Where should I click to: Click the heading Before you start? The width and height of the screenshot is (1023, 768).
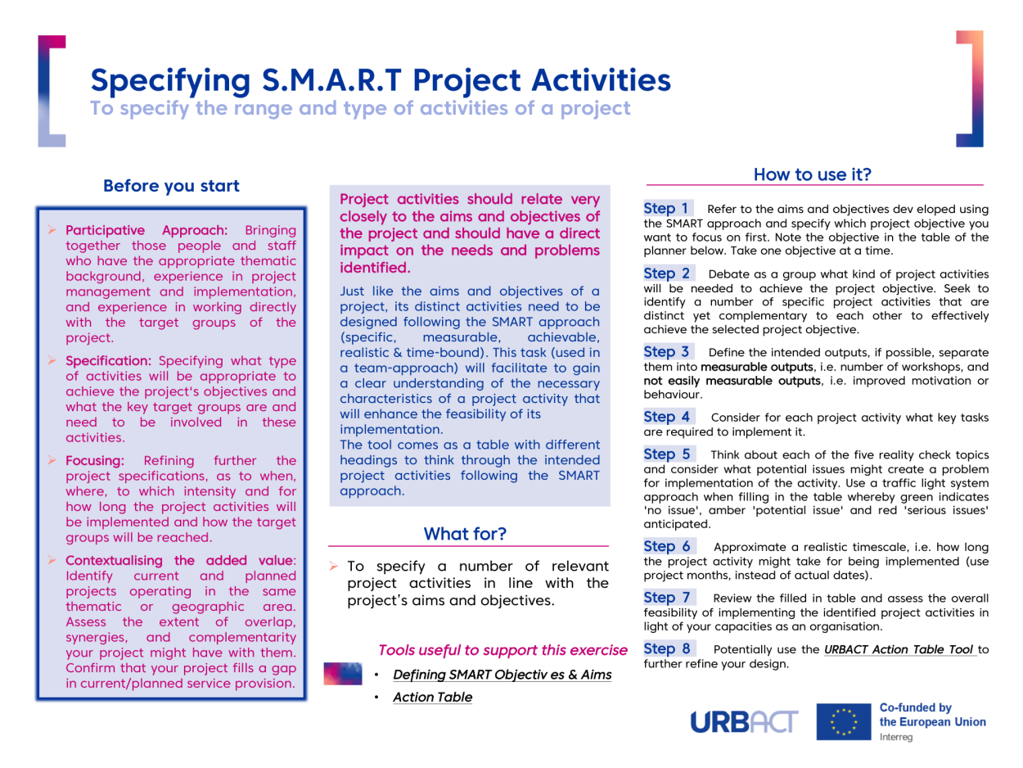click(171, 186)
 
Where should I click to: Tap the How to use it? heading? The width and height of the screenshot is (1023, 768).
click(813, 174)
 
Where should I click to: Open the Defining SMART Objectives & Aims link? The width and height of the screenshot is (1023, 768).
click(502, 675)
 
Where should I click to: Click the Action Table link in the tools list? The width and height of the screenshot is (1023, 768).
click(433, 698)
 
